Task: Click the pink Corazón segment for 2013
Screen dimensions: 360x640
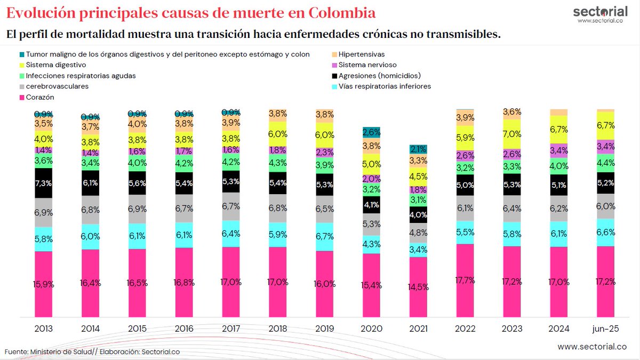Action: (x=43, y=283)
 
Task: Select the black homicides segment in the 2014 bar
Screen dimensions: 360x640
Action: (x=90, y=183)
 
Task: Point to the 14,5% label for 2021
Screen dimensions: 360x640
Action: (x=418, y=286)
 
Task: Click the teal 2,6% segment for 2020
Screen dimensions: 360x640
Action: (x=371, y=132)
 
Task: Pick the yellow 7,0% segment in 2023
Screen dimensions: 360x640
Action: (x=512, y=134)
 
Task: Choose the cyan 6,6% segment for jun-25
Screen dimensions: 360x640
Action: (x=605, y=232)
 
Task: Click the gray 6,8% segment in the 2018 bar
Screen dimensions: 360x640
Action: (x=277, y=207)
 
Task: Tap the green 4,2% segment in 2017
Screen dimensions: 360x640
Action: (x=230, y=162)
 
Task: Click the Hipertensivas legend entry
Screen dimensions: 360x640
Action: (x=361, y=54)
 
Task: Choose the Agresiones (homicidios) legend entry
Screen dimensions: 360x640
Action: (x=379, y=76)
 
